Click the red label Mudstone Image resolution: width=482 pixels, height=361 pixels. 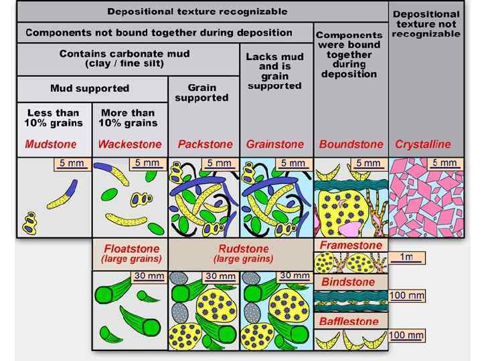(51, 144)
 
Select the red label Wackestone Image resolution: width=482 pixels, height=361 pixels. (130, 144)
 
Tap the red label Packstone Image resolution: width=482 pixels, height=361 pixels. (205, 144)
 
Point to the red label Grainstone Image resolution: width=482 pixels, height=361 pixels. (274, 144)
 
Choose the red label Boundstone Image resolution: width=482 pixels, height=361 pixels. (351, 144)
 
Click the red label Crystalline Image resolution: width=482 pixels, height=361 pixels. (423, 144)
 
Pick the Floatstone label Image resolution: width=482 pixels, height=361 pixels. (131, 249)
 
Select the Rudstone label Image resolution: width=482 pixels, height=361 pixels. (243, 249)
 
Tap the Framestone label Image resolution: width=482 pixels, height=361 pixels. (351, 245)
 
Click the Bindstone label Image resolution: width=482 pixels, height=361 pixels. (348, 282)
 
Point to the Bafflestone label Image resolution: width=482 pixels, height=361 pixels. (349, 322)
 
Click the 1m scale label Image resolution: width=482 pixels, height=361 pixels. (406, 257)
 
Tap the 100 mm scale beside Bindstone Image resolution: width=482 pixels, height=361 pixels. (407, 295)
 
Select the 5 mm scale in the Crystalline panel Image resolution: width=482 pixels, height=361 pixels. (445, 162)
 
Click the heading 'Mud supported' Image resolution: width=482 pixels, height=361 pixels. (90, 88)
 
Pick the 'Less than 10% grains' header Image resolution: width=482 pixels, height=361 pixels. (54, 118)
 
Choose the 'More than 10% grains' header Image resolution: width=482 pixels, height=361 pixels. (129, 118)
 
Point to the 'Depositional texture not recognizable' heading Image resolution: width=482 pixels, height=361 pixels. (426, 23)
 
